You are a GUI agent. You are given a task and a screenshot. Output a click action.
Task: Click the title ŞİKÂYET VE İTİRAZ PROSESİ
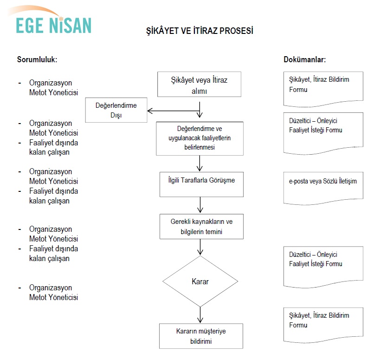click(x=200, y=31)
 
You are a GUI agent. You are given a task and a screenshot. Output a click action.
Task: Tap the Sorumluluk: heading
click(x=37, y=59)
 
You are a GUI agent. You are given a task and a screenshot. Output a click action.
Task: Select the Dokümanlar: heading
click(x=305, y=59)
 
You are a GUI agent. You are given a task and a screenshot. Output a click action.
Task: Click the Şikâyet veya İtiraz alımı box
click(x=199, y=84)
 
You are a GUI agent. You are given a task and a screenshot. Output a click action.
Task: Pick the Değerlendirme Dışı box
click(x=116, y=110)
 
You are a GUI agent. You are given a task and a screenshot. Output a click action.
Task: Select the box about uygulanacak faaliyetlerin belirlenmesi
click(x=200, y=138)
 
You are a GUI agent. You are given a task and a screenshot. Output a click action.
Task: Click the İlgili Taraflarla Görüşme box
click(x=201, y=184)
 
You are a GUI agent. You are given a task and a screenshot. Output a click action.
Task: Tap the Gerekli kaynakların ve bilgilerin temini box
click(x=201, y=227)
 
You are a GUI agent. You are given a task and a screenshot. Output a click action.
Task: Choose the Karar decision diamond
click(x=200, y=281)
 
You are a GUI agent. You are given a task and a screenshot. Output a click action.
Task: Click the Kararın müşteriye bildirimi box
click(x=201, y=336)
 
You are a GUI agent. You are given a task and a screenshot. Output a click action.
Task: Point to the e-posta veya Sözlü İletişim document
click(x=323, y=188)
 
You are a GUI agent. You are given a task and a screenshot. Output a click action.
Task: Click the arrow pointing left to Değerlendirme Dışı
click(x=173, y=111)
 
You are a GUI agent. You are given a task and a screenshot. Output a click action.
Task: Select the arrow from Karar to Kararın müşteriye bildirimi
click(x=200, y=315)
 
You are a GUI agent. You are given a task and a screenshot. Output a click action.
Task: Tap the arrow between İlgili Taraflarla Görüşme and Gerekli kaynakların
click(x=200, y=205)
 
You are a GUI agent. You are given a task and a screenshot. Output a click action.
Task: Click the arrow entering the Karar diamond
click(x=200, y=247)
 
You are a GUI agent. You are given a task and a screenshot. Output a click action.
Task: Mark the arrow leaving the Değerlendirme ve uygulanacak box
click(x=200, y=163)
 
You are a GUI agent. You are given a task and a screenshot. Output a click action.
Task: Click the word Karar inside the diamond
click(x=200, y=281)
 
